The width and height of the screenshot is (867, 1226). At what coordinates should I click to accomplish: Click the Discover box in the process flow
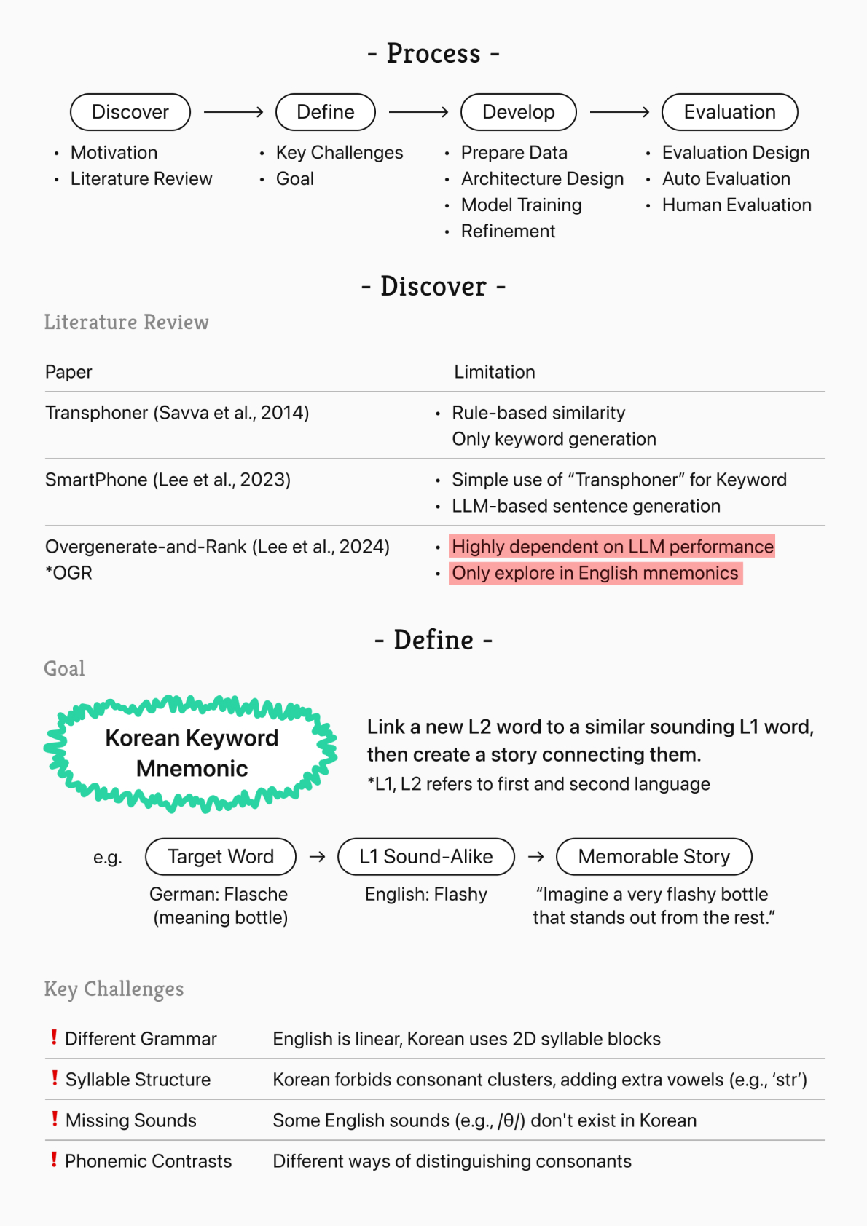[130, 112]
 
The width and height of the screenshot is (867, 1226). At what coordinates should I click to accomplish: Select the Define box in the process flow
[325, 112]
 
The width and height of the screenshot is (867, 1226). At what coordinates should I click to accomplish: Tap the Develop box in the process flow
[518, 112]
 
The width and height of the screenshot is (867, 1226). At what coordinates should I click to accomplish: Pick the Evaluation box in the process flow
[729, 112]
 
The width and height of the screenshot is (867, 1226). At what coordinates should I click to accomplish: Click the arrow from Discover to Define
[233, 112]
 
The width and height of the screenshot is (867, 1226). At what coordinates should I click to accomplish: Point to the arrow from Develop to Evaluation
[619, 112]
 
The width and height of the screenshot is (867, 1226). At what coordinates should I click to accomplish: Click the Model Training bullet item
[521, 205]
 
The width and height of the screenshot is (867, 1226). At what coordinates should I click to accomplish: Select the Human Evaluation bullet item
[736, 205]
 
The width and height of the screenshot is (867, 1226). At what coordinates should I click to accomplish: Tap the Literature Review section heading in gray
[126, 322]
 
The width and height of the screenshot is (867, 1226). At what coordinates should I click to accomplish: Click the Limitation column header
[494, 372]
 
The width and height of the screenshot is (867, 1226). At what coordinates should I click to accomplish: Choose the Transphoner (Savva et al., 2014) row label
[177, 413]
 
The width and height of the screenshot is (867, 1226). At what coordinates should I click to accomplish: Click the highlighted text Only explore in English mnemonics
[595, 573]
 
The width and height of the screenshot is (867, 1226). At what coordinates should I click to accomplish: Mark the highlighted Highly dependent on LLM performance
[612, 547]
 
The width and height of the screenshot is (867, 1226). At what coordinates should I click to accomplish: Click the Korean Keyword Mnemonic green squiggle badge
[192, 754]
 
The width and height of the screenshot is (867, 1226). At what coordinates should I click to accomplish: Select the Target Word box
[221, 857]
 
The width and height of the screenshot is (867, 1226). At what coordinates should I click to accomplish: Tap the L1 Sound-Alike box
[426, 857]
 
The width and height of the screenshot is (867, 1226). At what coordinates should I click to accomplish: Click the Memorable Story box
[654, 857]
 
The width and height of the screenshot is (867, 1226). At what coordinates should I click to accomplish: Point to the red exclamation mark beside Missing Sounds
[54, 1119]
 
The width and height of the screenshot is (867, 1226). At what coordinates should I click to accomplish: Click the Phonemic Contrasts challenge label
[148, 1161]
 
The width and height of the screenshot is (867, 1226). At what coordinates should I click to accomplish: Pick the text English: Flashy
[426, 894]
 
